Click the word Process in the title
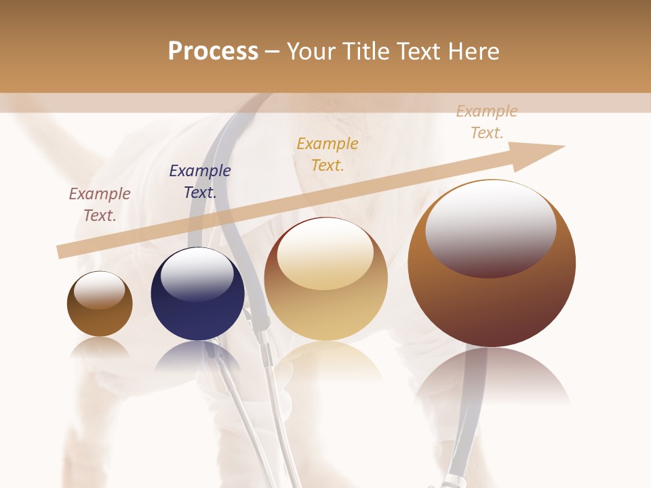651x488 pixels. coord(213,52)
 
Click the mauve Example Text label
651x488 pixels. coord(100,205)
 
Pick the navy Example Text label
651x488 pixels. coord(200,182)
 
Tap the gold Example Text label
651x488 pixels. coord(328,155)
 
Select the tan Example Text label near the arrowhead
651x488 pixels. coord(487,122)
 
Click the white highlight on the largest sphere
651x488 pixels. coord(491,227)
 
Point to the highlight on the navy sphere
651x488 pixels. coord(197,274)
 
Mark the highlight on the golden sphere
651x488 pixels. coord(325,252)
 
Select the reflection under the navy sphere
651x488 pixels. coord(197,356)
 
